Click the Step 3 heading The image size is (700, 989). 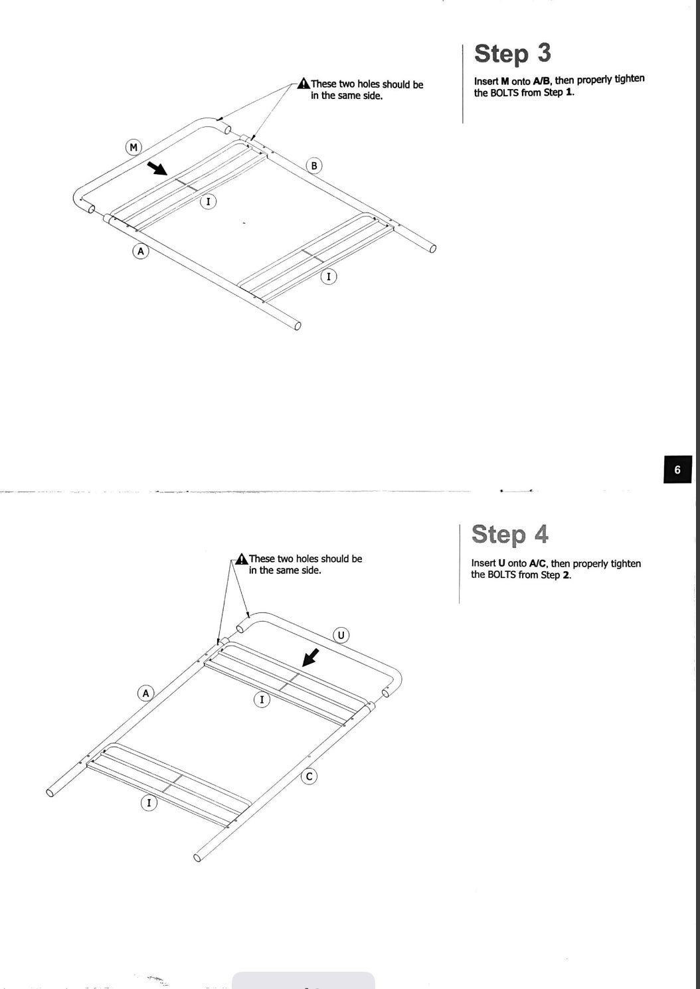point(513,54)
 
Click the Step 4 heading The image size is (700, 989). point(510,534)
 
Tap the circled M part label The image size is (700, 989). point(133,147)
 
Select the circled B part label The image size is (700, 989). point(314,165)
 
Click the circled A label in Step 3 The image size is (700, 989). point(141,251)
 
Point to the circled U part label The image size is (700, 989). point(341,636)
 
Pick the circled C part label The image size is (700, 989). point(309,776)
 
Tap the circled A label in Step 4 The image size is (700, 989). point(146,693)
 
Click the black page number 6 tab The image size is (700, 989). point(677,470)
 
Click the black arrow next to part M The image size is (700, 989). point(157,168)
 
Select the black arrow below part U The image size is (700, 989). point(310,658)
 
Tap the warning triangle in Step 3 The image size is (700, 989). point(304,83)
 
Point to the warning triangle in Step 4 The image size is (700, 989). point(242,559)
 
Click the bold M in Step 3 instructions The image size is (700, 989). point(505,81)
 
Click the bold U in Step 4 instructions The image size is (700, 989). point(501,563)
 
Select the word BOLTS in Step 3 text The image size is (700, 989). point(505,93)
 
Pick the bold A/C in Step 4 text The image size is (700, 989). point(537,563)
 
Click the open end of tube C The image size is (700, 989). point(197,857)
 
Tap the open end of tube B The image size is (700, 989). point(432,248)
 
